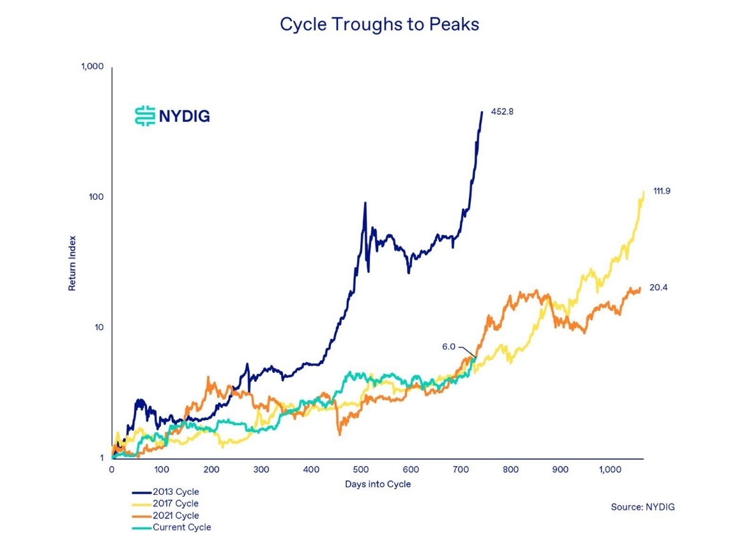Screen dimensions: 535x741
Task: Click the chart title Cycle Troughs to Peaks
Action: click(379, 25)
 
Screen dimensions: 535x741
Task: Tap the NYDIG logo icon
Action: click(145, 116)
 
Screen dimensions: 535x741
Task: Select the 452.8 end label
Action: click(502, 112)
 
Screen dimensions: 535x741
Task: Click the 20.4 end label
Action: click(659, 288)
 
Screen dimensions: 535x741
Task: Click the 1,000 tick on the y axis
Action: click(93, 67)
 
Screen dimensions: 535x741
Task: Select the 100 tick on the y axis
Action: click(97, 197)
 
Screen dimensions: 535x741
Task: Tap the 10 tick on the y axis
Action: click(99, 328)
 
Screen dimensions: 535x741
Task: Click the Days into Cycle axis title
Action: click(378, 485)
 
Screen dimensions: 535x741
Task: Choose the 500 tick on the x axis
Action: click(361, 470)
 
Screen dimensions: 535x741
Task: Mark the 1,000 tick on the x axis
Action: click(609, 470)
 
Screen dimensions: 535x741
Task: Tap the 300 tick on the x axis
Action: click(261, 470)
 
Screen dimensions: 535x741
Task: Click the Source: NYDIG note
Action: click(643, 507)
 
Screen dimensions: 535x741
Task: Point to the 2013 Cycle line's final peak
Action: click(482, 112)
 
